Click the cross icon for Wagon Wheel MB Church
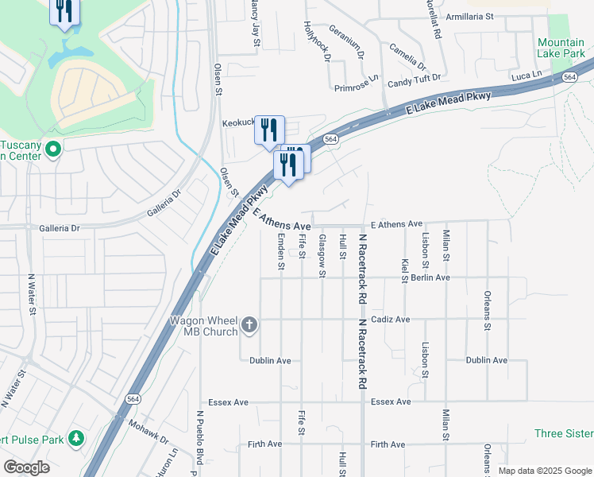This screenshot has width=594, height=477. (249, 324)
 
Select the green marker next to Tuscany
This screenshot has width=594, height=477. (53, 149)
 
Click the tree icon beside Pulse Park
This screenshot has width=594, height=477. (76, 438)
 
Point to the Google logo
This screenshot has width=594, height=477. (27, 467)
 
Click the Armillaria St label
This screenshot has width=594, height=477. (470, 15)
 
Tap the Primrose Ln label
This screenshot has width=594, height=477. (356, 87)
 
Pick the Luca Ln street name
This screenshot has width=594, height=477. (526, 76)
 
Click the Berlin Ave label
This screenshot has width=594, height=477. (431, 278)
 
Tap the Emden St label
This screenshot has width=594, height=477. (281, 251)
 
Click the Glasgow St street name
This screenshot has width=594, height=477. (322, 256)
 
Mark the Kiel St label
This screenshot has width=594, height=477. (405, 270)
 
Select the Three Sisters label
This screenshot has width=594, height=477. (563, 433)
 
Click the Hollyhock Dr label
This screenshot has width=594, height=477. (322, 49)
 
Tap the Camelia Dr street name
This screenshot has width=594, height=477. (407, 55)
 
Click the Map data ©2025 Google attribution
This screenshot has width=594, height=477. (543, 471)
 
